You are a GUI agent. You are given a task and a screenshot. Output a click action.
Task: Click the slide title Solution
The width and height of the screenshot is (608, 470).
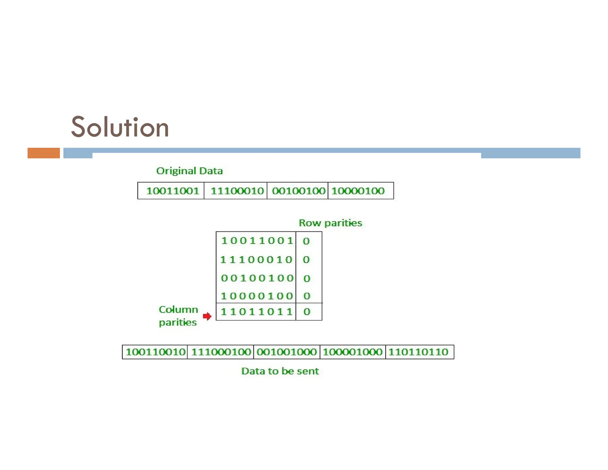coord(120,127)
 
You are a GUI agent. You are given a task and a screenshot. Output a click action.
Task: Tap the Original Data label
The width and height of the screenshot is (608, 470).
coord(189,171)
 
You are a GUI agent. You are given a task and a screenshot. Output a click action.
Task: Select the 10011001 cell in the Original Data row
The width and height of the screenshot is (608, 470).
coord(172,191)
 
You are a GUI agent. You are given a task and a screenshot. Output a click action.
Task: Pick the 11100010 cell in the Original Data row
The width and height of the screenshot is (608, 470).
coord(237,191)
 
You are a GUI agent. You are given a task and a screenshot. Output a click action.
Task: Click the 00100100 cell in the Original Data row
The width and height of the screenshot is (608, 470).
coord(298,191)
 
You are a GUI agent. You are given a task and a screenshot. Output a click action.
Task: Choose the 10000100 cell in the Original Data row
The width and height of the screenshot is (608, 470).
coord(358,191)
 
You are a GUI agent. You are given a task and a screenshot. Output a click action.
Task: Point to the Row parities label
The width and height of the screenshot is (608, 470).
coord(330,223)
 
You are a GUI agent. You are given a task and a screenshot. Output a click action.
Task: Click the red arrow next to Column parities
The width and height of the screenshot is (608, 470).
coord(207,316)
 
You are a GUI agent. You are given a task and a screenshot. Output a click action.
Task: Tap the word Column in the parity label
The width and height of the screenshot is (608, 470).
coord(178,310)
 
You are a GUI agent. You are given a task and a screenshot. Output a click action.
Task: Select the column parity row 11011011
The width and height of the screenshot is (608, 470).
coord(257,312)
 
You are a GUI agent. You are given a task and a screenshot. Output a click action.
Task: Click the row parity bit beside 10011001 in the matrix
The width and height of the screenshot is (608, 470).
coord(306,241)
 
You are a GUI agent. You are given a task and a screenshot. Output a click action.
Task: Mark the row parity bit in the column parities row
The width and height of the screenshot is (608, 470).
coord(307,312)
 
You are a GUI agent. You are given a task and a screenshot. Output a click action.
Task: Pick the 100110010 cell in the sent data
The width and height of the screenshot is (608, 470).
coord(155,352)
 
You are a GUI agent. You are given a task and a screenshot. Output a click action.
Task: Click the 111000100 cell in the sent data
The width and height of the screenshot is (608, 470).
coord(221,352)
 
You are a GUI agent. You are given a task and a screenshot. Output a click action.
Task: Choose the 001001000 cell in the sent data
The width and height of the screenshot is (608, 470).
coord(287,352)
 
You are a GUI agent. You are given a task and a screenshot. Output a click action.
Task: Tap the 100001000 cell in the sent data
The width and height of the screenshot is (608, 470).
coord(353,352)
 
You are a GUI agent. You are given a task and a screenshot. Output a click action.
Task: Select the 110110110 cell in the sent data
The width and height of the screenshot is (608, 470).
coord(418,352)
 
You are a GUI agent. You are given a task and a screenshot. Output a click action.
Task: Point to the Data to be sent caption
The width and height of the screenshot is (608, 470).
coord(280,371)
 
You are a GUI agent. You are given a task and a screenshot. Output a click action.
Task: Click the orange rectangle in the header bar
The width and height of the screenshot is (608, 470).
coord(44,153)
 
